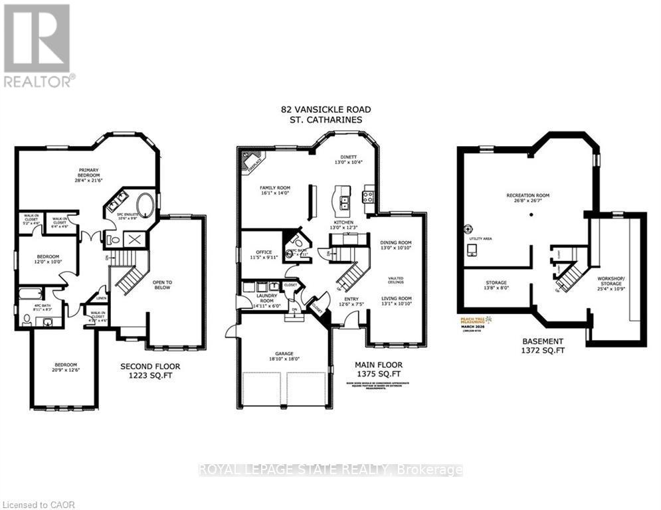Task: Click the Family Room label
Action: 276,192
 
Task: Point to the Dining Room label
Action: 396,246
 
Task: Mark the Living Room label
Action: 396,302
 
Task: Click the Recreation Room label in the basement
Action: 527,198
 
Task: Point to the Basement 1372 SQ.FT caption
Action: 543,346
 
